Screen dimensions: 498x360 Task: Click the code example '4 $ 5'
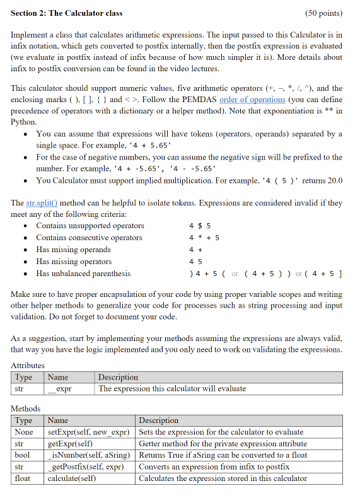[x=200, y=226]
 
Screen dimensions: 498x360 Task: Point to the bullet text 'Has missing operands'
[x=74, y=250]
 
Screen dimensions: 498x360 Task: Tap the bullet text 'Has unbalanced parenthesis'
[x=83, y=274]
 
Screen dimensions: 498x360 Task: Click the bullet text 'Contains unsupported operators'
[x=90, y=226]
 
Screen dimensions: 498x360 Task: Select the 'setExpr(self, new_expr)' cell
[x=89, y=432]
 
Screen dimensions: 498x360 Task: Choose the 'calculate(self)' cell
[x=72, y=478]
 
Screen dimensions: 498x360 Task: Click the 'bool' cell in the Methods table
[x=23, y=455]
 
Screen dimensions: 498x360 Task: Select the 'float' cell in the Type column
[x=23, y=478]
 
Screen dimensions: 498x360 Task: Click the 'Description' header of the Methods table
[x=158, y=420]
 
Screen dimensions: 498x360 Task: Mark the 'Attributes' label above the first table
[x=28, y=365]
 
